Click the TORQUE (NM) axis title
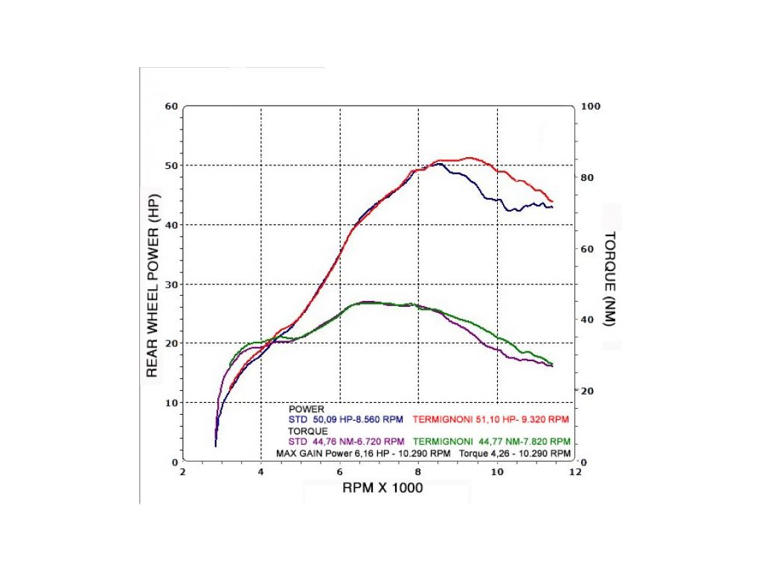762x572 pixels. pos(609,278)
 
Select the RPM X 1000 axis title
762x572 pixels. pos(382,489)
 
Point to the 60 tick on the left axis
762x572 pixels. pos(171,107)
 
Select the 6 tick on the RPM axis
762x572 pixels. pos(340,472)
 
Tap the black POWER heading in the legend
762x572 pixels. pos(306,409)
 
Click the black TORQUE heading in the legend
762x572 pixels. pos(309,430)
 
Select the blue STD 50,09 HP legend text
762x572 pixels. pos(346,419)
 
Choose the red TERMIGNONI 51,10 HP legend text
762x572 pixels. pos(491,419)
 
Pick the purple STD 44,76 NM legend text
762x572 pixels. pos(346,441)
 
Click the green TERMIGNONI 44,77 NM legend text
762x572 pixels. pos(491,441)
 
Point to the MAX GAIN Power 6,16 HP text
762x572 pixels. pos(363,453)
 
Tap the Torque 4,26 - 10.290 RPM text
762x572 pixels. pos(515,453)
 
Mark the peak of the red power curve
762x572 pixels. pos(469,158)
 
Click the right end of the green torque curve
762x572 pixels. pos(552,363)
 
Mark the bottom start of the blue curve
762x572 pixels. pos(215,445)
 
